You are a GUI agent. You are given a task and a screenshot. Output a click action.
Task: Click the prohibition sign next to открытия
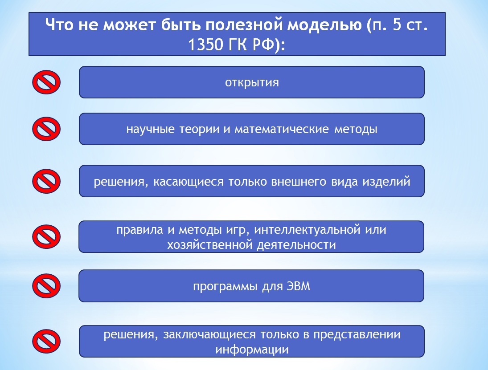(46, 82)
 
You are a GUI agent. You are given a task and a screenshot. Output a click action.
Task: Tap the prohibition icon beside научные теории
(46, 129)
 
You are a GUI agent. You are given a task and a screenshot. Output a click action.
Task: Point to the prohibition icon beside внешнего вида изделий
(46, 181)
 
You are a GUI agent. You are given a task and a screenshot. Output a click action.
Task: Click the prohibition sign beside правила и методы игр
(46, 236)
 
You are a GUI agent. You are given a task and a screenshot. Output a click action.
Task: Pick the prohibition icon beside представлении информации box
(46, 341)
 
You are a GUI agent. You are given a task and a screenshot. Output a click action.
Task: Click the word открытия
(252, 83)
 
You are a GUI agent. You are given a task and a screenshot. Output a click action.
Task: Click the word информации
(252, 349)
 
